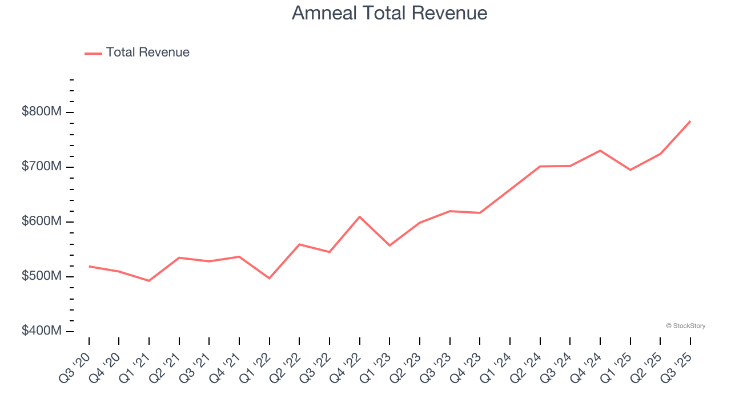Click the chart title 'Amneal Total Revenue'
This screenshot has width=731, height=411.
(389, 13)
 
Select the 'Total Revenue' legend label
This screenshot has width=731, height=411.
(147, 53)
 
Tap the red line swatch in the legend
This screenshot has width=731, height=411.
(93, 53)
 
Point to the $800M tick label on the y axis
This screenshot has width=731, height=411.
(41, 112)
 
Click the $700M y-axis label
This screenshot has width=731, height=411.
(41, 167)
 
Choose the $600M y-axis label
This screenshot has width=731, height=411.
(41, 221)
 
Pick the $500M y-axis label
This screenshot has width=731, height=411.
(41, 276)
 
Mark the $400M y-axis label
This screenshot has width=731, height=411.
(41, 331)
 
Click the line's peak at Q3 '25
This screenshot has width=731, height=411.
(690, 121)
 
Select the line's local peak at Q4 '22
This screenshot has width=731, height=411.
(359, 217)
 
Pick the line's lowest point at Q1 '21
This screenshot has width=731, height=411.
(149, 281)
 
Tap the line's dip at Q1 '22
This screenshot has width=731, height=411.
(269, 278)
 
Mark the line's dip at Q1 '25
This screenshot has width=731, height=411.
(630, 170)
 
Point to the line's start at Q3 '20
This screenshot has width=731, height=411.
(89, 267)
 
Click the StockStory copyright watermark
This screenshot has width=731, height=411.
(685, 326)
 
